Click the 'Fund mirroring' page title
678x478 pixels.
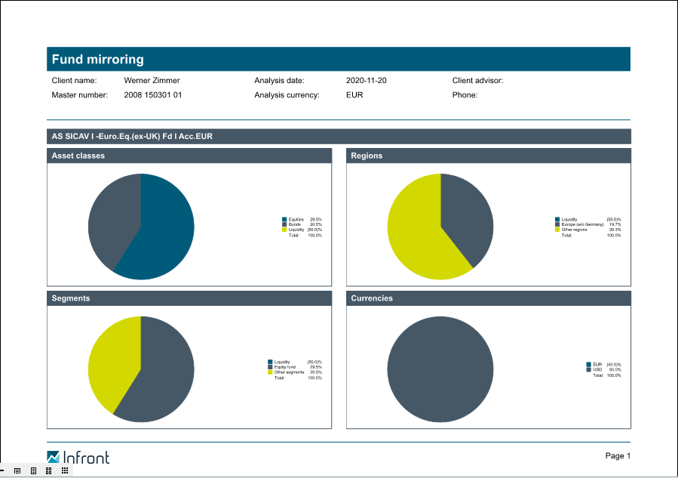97,60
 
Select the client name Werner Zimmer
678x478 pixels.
152,80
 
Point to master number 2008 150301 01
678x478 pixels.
153,95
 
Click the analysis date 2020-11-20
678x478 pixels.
367,80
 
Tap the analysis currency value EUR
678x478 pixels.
354,95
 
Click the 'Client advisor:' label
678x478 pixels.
477,80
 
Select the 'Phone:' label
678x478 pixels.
465,95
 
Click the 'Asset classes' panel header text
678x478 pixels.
78,156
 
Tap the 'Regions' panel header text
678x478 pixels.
367,156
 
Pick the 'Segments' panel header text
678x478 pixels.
71,298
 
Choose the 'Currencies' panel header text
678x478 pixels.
372,298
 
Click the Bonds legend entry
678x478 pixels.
294,224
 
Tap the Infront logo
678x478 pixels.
78,457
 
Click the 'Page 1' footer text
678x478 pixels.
618,455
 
